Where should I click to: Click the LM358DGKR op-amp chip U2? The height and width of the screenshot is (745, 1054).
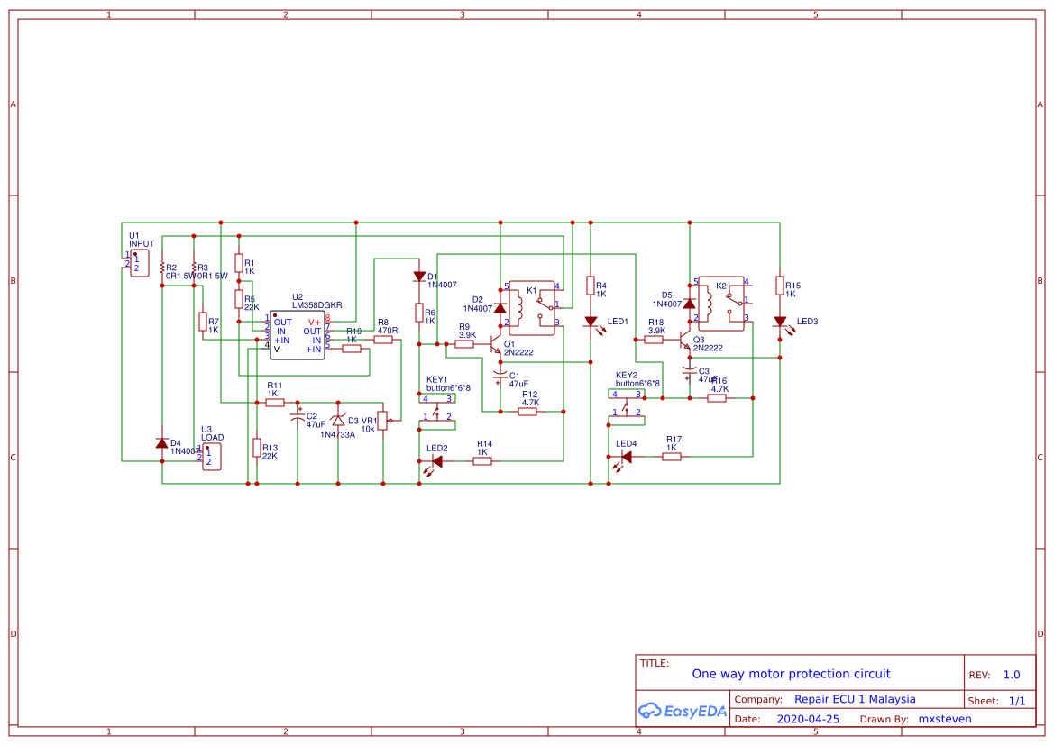click(x=298, y=335)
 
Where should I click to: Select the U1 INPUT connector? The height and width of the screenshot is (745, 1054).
click(x=139, y=263)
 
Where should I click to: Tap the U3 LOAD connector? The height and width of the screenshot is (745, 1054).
click(x=211, y=456)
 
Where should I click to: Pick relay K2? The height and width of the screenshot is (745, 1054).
click(x=722, y=301)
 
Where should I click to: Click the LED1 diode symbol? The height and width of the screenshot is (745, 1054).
click(x=591, y=322)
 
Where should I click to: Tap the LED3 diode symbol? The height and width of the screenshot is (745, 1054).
click(x=780, y=322)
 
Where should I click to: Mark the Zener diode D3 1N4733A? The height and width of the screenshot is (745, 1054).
click(x=338, y=420)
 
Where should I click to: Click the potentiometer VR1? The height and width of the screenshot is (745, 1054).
click(x=382, y=420)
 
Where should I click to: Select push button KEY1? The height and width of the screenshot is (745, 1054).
click(x=437, y=409)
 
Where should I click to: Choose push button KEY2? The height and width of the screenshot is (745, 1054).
click(x=627, y=404)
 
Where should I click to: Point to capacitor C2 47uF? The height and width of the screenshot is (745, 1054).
click(x=298, y=418)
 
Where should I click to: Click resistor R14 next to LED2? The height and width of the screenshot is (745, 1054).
click(x=482, y=461)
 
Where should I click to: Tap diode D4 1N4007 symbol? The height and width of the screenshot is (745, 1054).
click(x=162, y=443)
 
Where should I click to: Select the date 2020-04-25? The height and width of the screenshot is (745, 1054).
click(x=807, y=719)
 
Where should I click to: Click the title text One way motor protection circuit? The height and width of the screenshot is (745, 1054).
click(x=791, y=674)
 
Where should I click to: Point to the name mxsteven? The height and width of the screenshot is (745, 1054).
click(x=945, y=719)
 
